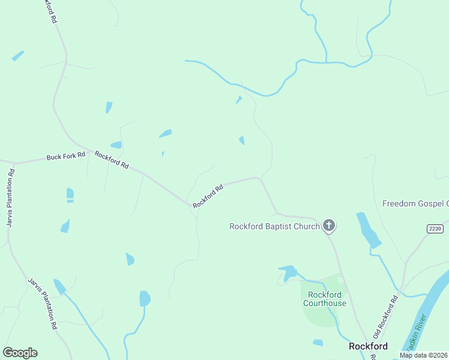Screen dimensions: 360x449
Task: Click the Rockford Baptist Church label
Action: (274, 226)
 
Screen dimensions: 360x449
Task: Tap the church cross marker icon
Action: (328, 226)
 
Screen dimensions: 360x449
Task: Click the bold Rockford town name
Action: (368, 346)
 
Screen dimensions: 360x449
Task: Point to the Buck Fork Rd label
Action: (66, 157)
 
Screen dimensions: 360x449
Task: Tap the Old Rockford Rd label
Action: (385, 316)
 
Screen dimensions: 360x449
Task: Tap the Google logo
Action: (20, 353)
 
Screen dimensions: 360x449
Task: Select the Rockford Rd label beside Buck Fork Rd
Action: (112, 161)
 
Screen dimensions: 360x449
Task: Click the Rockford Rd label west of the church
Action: (208, 196)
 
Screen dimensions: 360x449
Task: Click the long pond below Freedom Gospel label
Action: (368, 230)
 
